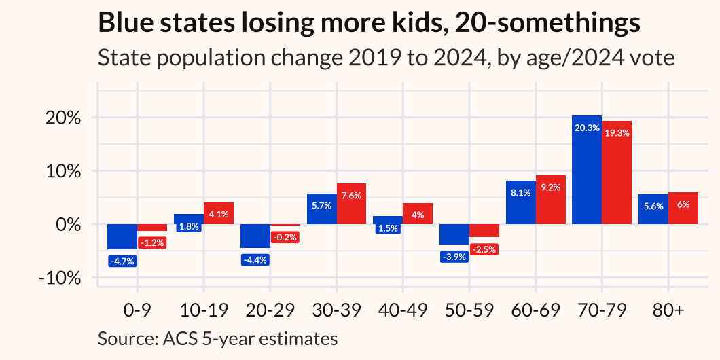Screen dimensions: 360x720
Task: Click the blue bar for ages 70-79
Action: tap(587, 170)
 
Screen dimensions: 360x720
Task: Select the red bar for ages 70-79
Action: tap(617, 173)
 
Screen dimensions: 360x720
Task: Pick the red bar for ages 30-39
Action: tap(351, 204)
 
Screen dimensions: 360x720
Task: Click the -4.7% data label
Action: tap(122, 260)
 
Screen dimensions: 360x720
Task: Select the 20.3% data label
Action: tap(587, 128)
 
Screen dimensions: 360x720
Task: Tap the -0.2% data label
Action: tap(285, 238)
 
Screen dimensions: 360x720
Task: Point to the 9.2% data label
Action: tap(550, 187)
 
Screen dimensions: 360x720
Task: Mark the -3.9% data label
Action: tap(454, 256)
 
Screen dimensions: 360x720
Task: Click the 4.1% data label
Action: tap(218, 214)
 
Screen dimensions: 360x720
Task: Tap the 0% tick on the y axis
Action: tap(71, 224)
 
